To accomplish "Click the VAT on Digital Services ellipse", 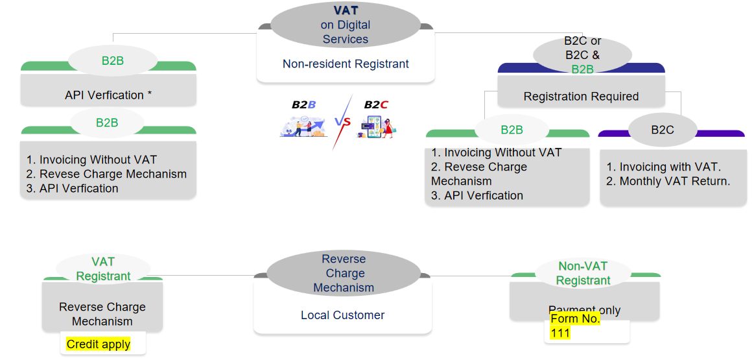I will tap(345, 25).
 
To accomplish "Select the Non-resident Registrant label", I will tap(346, 64).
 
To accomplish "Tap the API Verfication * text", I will tap(108, 95).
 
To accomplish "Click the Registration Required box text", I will tap(581, 97).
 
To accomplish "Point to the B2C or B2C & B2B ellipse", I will tap(582, 54).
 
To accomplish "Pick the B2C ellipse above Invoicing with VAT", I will tap(662, 130).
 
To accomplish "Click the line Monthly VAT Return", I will tap(668, 182).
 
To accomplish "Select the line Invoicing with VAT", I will tap(663, 167).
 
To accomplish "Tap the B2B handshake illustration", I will tap(303, 125).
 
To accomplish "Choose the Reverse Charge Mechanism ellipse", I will tap(344, 273).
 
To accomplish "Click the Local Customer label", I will tap(342, 315).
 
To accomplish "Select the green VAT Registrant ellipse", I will tap(103, 269).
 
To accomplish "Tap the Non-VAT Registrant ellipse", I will tap(583, 273).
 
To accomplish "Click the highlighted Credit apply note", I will tap(99, 344).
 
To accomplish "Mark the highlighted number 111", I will tap(560, 333).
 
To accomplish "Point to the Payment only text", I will tap(584, 309).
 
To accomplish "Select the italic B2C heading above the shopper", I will tap(376, 104).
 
